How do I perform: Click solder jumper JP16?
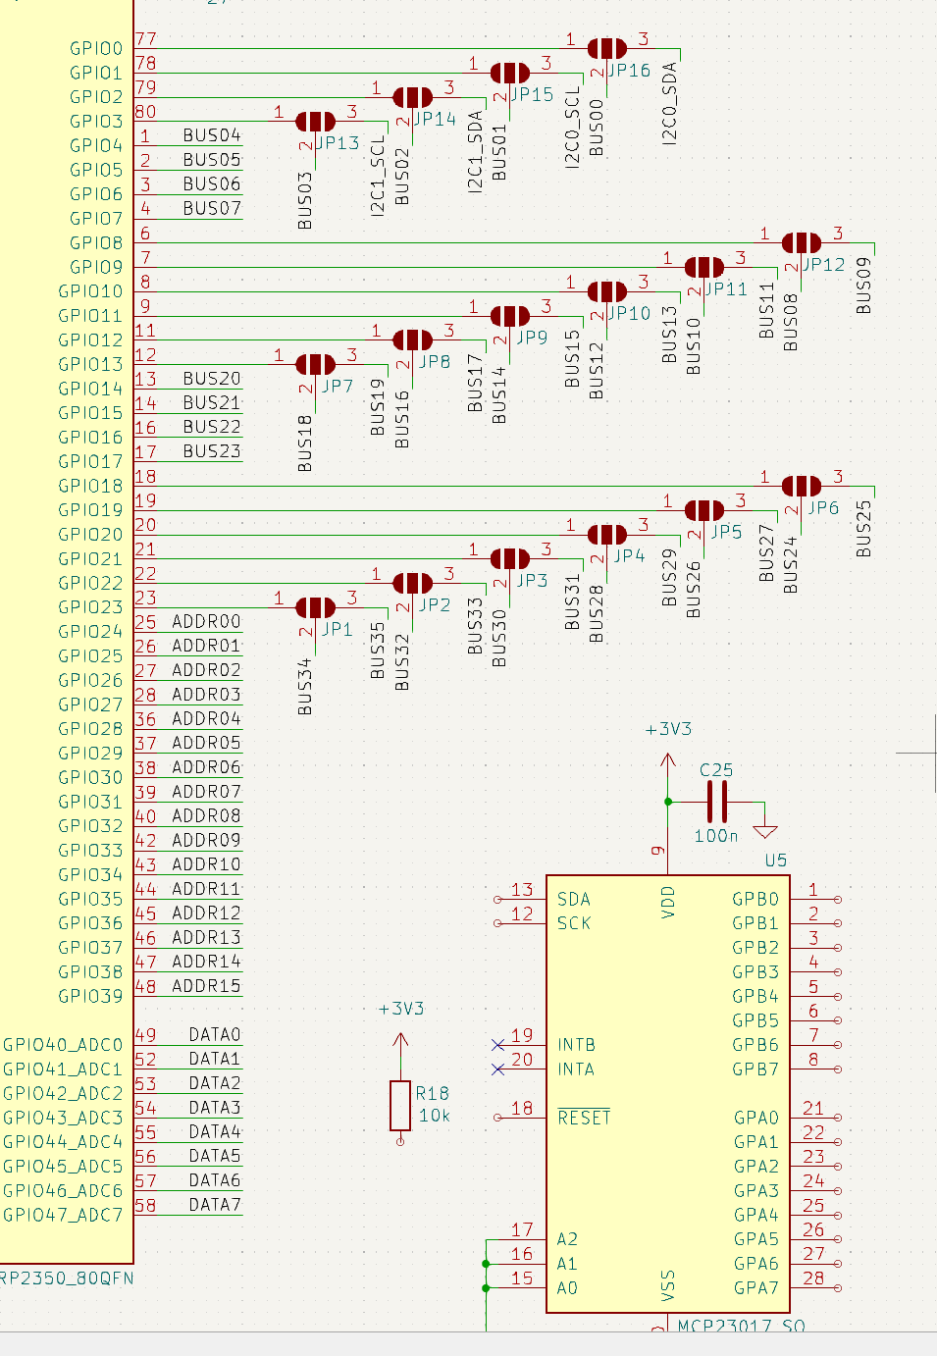(606, 48)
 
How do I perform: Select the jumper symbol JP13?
(315, 121)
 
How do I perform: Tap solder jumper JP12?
(801, 242)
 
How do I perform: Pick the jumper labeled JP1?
(315, 607)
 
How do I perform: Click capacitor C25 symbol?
(717, 802)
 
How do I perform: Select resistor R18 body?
(400, 1105)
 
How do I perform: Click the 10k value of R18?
(434, 1116)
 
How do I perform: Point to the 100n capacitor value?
(715, 836)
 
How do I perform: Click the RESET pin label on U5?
(584, 1118)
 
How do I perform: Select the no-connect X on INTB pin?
(497, 1045)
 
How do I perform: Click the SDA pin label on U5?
(574, 899)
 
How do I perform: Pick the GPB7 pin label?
(755, 1069)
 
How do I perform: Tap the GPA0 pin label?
(755, 1118)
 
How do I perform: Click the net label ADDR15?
(206, 986)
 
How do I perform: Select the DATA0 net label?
(214, 1035)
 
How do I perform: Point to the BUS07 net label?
(211, 208)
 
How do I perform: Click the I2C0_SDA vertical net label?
(669, 103)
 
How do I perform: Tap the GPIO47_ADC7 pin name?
(63, 1215)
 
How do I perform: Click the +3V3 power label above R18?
(400, 1009)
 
